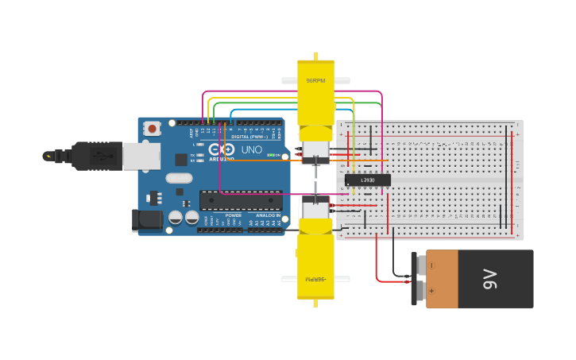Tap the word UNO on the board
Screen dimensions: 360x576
tap(251, 149)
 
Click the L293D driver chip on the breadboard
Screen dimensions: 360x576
tap(368, 180)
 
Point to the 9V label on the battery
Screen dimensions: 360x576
tap(489, 279)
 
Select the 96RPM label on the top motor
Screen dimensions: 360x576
tap(315, 81)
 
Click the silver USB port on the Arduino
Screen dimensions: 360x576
tap(141, 156)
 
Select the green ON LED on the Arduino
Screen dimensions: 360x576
tap(276, 155)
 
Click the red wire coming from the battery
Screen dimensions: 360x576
tap(377, 262)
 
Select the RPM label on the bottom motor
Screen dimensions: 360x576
tap(315, 280)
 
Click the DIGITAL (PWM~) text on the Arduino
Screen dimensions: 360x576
tap(248, 136)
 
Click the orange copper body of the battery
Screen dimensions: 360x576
tap(442, 279)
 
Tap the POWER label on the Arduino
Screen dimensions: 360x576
tap(233, 215)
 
